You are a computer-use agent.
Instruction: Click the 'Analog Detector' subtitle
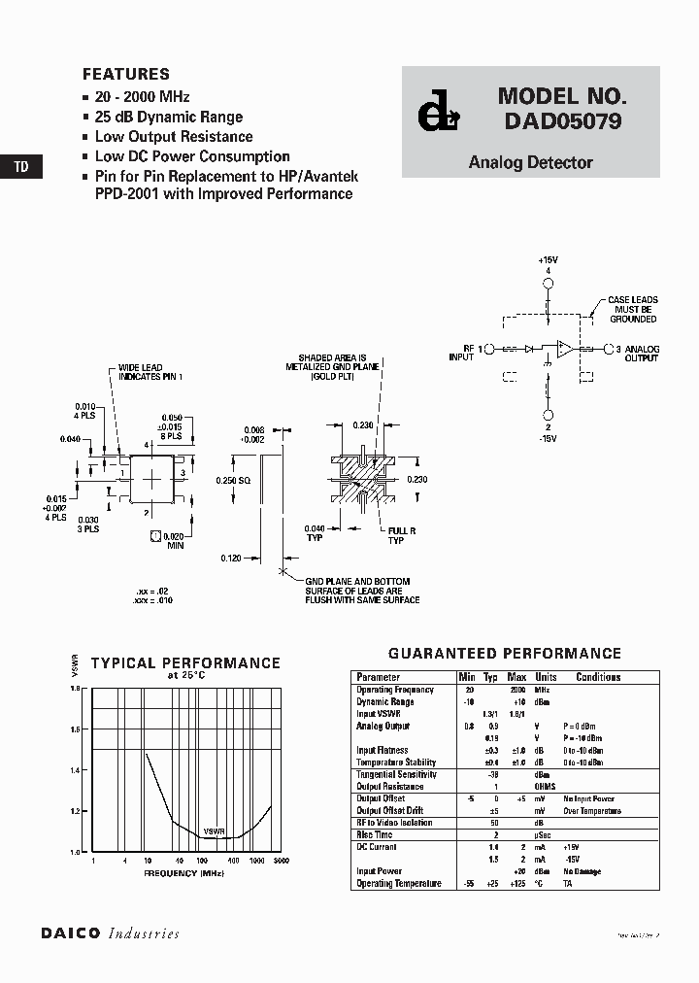530,163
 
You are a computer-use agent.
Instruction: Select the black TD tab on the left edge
20,167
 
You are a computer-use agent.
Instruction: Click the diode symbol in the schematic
529,348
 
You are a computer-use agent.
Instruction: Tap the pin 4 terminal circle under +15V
549,284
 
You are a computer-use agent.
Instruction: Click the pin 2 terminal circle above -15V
549,415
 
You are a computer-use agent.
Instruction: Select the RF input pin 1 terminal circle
489,348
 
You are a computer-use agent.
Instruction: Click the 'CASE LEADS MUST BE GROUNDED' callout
633,310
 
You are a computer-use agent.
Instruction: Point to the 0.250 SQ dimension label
234,482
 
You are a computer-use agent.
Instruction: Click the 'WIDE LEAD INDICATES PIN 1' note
150,371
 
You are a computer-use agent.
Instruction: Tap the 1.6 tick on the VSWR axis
76,729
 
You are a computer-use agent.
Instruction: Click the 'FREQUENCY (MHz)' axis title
184,874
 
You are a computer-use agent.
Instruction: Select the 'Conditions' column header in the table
598,677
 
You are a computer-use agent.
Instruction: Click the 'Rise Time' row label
375,834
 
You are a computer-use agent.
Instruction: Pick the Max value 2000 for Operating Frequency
517,690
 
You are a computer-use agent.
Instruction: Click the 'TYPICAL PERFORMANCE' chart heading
185,663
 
